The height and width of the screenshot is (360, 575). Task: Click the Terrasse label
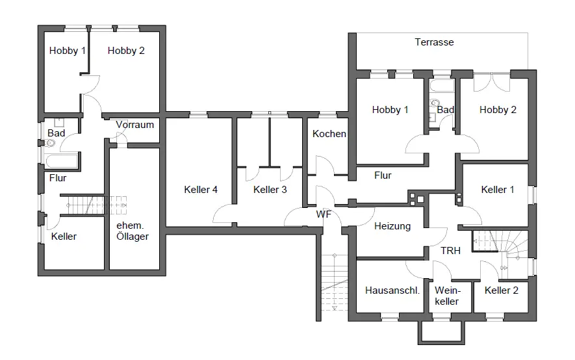point(434,42)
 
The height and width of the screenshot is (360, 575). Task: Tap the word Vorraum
point(134,125)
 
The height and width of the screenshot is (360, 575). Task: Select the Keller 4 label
point(201,190)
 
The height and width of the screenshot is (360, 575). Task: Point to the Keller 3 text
point(270,190)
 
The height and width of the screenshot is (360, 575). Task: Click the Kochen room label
point(329,134)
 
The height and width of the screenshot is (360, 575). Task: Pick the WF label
point(324,214)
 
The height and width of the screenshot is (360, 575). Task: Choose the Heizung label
point(392,226)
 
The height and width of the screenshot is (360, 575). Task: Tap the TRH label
point(450,251)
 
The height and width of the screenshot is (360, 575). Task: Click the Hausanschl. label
point(392,290)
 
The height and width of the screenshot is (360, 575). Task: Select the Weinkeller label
point(448,296)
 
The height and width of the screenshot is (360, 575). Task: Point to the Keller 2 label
point(502,290)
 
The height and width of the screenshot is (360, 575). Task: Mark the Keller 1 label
point(498,190)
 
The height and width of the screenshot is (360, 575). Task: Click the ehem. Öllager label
point(133,231)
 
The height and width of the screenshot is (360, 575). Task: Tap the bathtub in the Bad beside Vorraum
point(61,161)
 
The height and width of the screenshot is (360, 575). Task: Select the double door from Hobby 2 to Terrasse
point(491,82)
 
